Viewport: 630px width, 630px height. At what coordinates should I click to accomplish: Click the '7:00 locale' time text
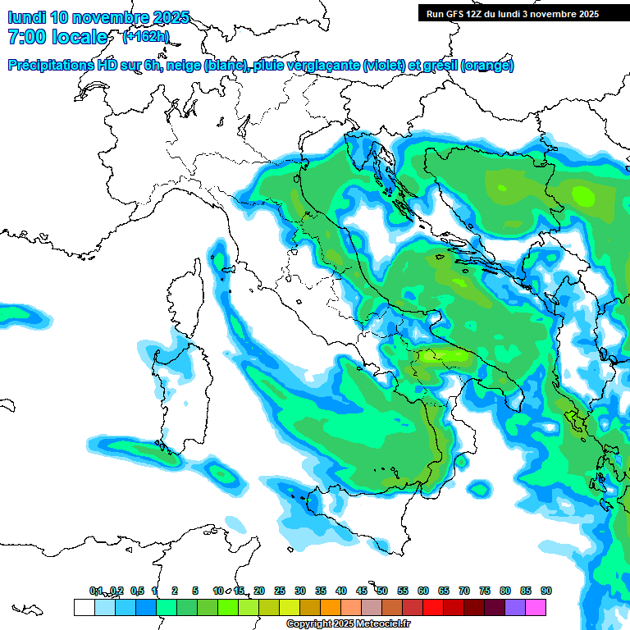tap(57, 37)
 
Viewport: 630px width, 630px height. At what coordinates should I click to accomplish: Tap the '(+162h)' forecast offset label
tap(145, 36)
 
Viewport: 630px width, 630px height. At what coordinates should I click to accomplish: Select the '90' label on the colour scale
tap(546, 591)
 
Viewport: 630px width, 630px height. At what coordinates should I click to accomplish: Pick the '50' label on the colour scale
tap(382, 591)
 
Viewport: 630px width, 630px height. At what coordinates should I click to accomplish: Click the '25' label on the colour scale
tap(280, 591)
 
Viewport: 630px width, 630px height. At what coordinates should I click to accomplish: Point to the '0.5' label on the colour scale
tap(137, 591)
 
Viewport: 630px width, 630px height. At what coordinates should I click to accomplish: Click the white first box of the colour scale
tap(84, 607)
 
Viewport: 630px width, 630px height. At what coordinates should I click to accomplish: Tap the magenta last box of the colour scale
tap(536, 607)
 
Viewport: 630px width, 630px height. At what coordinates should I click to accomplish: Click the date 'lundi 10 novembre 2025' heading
tap(98, 17)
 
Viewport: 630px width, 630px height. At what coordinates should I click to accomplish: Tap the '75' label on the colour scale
tap(485, 591)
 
